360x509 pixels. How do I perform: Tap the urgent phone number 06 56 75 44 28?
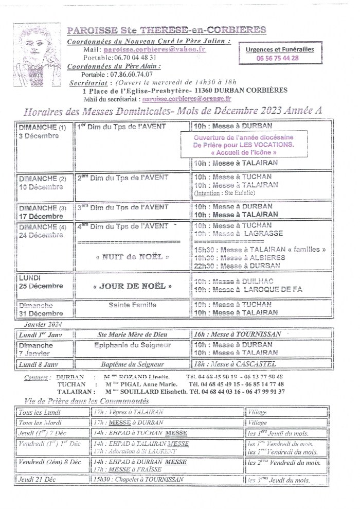pos(277,58)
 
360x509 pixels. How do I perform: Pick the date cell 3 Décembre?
pos(39,136)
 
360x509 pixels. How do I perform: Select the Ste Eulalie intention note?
pos(221,194)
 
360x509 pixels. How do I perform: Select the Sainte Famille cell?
pos(133,305)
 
